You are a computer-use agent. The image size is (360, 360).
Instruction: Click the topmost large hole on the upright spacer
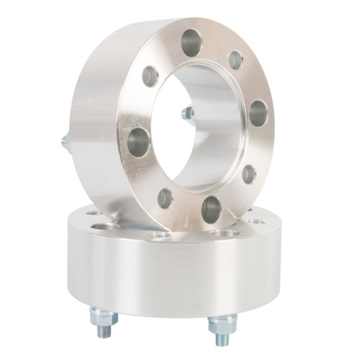[192, 42]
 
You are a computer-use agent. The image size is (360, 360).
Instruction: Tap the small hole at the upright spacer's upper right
[235, 60]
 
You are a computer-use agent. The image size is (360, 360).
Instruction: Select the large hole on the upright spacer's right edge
[258, 113]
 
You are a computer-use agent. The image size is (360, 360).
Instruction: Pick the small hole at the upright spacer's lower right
[248, 174]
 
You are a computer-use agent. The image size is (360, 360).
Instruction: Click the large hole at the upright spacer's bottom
[211, 210]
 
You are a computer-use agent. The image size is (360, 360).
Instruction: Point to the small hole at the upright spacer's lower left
[165, 197]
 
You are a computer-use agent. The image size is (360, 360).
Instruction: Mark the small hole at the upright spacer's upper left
[150, 76]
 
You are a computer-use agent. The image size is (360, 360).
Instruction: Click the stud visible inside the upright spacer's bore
[188, 114]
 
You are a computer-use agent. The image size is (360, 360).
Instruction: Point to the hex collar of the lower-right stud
[222, 321]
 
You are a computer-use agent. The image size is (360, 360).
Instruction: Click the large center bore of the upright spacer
[202, 130]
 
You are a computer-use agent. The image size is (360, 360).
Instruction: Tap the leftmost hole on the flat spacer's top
[94, 212]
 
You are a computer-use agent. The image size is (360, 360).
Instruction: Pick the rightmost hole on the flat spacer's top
[257, 221]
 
